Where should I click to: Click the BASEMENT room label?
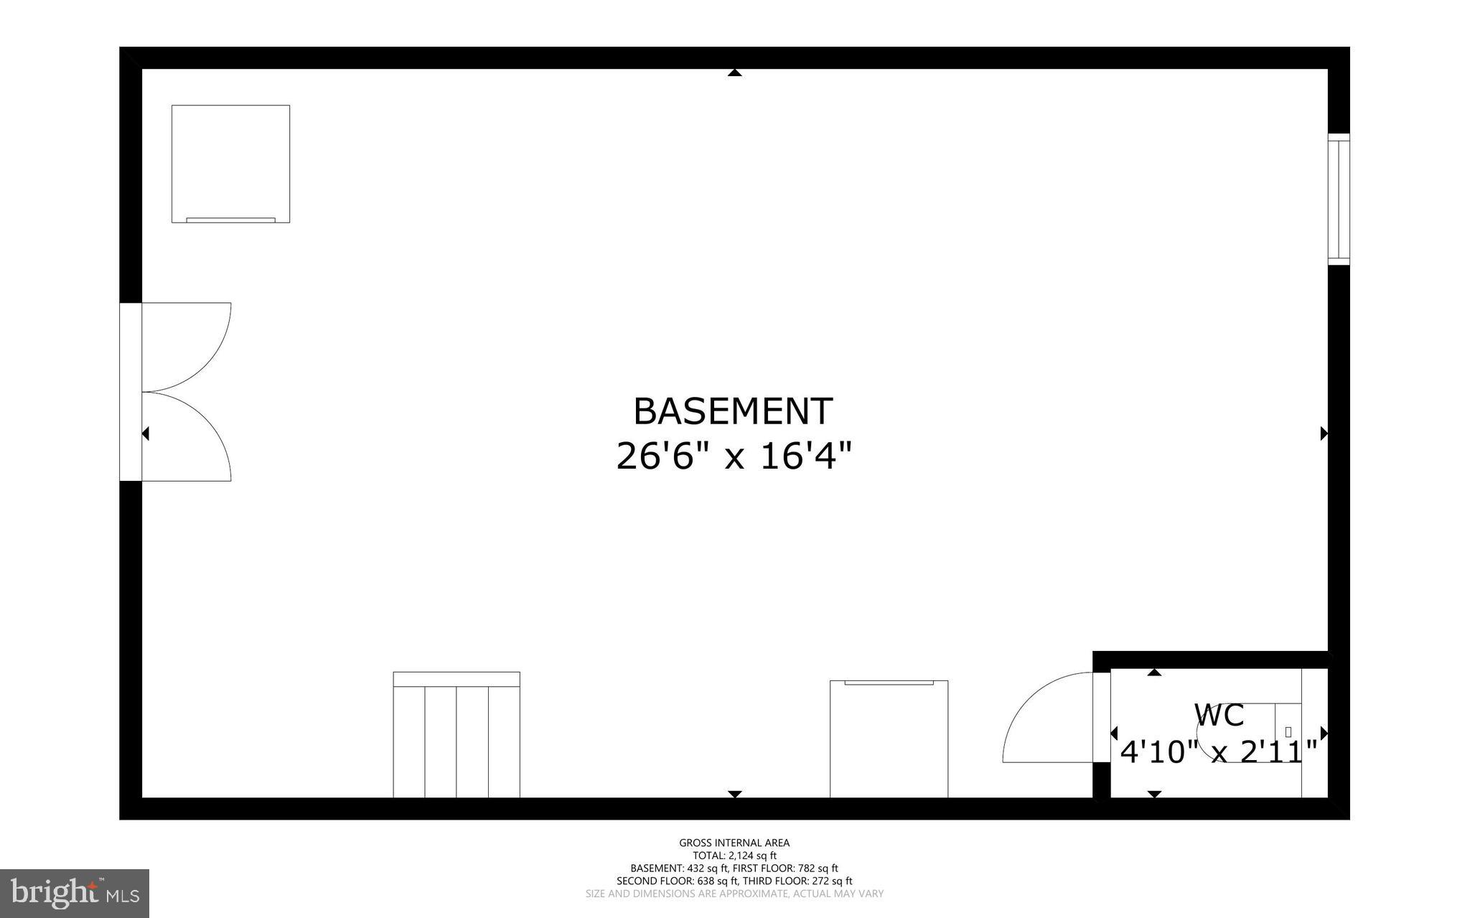pos(733,412)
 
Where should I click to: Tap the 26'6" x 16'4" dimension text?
pos(734,456)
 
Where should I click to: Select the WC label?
pos(1218,716)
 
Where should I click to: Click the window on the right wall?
pos(1339,199)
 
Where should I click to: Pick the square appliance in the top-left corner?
pos(230,164)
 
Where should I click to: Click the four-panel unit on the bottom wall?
pos(457,735)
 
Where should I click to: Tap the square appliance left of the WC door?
pos(889,739)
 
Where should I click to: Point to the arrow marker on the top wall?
pos(734,72)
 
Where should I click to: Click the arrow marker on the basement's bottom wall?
pos(734,794)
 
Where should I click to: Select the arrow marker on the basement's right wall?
pos(1324,434)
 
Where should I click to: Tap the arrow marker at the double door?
pos(146,434)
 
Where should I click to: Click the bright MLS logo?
pos(75,894)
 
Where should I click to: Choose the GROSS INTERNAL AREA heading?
pos(734,843)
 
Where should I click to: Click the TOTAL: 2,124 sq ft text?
pos(734,856)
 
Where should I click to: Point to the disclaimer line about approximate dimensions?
pos(734,894)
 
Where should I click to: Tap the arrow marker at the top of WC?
pos(1154,673)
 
